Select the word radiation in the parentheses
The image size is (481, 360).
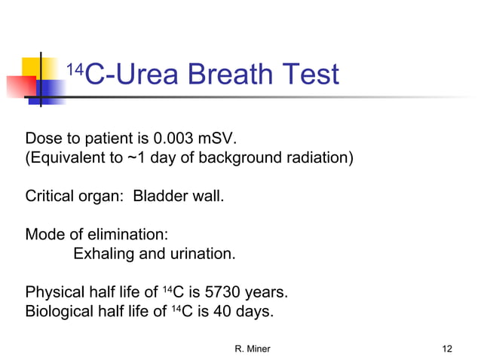pyautogui.click(x=317, y=159)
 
